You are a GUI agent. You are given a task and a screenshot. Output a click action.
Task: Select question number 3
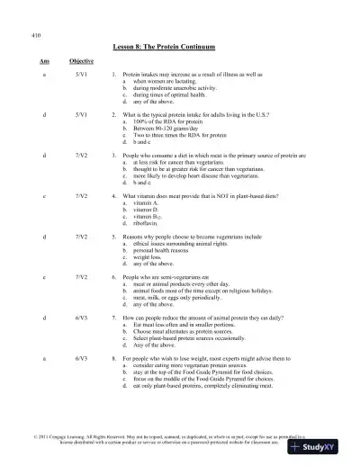pos(112,155)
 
